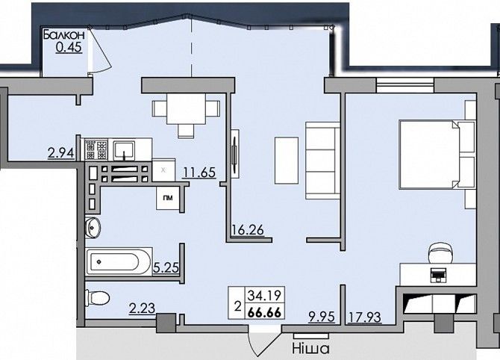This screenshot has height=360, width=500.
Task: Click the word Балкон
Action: pyautogui.click(x=64, y=35)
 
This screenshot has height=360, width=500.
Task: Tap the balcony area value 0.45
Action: pyautogui.click(x=69, y=47)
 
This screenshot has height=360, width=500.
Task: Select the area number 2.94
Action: pyautogui.click(x=60, y=153)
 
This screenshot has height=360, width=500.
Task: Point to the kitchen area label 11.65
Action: pyautogui.click(x=199, y=173)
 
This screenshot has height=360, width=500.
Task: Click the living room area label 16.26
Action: pyautogui.click(x=248, y=230)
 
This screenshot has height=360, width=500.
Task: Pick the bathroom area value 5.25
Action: pyautogui.click(x=166, y=267)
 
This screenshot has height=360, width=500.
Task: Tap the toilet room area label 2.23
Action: pyautogui.click(x=143, y=308)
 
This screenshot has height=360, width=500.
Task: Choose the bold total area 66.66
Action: pyautogui.click(x=264, y=313)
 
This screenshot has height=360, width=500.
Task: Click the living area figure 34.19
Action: pyautogui.click(x=264, y=296)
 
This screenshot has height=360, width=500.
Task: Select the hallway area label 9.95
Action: pyautogui.click(x=322, y=317)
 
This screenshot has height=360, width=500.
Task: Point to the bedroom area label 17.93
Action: pyautogui.click(x=364, y=317)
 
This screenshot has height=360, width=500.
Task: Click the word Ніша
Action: pyautogui.click(x=310, y=349)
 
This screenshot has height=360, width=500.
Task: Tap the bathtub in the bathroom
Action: pyautogui.click(x=119, y=261)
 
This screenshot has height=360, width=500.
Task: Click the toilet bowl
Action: pyautogui.click(x=98, y=298)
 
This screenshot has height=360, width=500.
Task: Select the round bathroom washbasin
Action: pyautogui.click(x=93, y=228)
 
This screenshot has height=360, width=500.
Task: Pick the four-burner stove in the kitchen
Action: pyautogui.click(x=96, y=149)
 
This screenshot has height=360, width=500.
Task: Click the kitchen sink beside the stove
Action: pyautogui.click(x=125, y=150)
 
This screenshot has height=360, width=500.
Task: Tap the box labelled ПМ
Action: pyautogui.click(x=168, y=198)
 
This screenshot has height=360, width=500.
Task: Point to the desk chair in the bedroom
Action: pyautogui.click(x=441, y=252)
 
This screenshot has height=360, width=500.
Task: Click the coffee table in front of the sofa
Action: pyautogui.click(x=287, y=161)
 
